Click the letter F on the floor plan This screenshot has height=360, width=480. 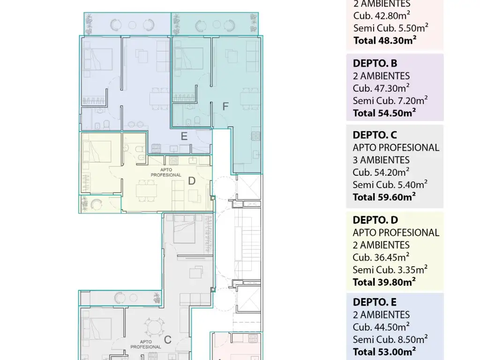tap(225, 106)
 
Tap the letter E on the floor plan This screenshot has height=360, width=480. tap(184, 136)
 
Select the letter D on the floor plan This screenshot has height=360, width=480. tap(192, 181)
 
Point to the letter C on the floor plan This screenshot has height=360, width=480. tap(167, 339)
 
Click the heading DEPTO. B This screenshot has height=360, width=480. tap(375, 63)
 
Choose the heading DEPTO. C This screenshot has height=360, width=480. tap(375, 135)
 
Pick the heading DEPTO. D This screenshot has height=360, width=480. tap(375, 220)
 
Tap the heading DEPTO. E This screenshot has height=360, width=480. tap(375, 302)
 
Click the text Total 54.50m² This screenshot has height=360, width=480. tap(384, 113)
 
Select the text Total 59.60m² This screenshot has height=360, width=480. tap(384, 197)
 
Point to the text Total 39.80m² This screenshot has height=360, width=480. tap(384, 282)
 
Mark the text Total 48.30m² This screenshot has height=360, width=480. tap(385, 40)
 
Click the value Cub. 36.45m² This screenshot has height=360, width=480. tap(381, 257)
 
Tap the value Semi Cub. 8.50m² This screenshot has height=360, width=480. tap(390, 339)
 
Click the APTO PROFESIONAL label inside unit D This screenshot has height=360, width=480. tap(166, 172)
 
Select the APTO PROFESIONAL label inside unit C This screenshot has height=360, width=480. tap(146, 344)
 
